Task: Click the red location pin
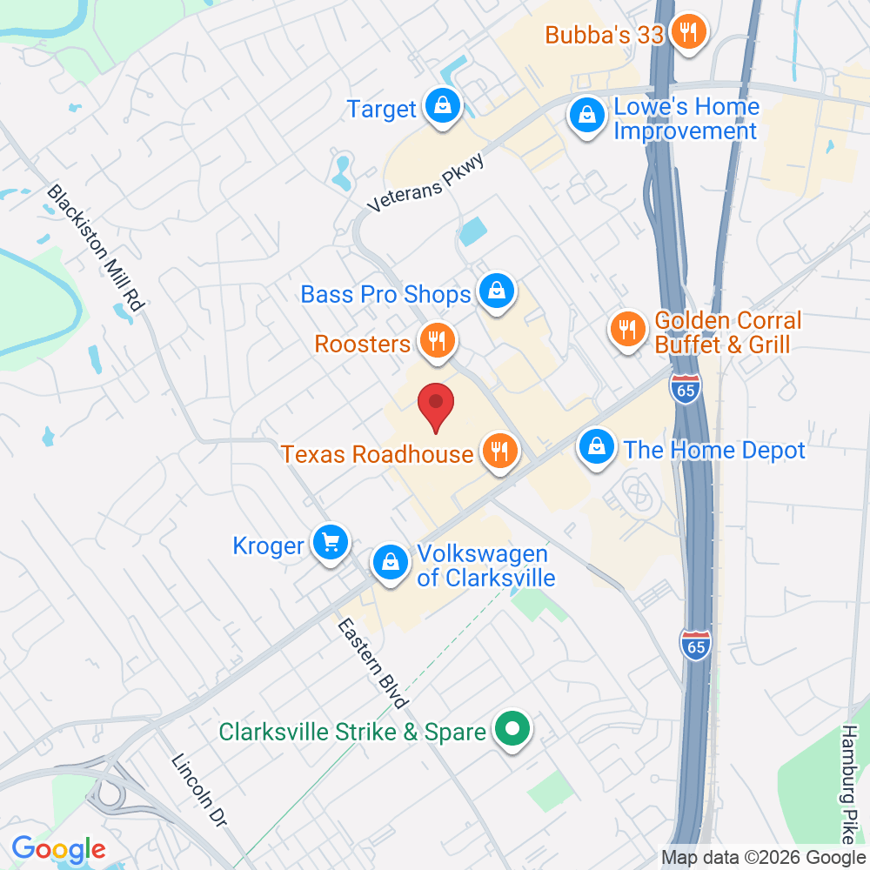436,405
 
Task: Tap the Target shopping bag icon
443,107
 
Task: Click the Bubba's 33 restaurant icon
688,33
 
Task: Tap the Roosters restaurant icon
435,341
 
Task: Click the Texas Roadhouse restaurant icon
499,452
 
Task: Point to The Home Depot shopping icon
597,448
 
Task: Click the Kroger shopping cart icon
331,544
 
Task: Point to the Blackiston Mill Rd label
96,249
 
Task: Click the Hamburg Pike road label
850,783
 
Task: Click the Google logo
58,849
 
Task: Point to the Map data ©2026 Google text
763,857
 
